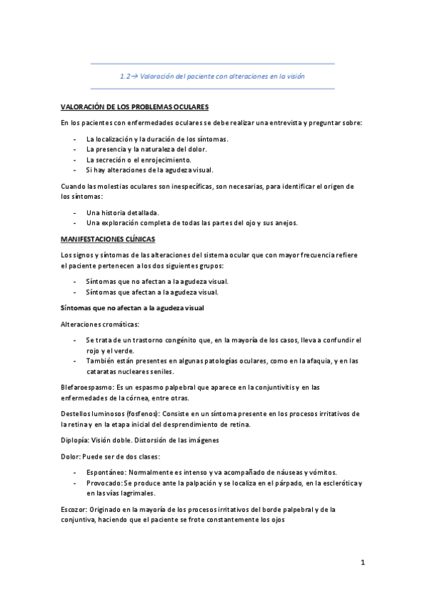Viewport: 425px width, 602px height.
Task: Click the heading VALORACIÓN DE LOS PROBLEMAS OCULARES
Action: click(x=135, y=106)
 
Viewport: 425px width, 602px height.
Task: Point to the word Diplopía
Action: click(x=75, y=440)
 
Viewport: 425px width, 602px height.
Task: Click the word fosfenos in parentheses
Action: click(x=139, y=413)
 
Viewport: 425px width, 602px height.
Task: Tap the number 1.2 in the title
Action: click(x=126, y=76)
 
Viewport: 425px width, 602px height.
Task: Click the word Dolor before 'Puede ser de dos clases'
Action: click(x=71, y=456)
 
